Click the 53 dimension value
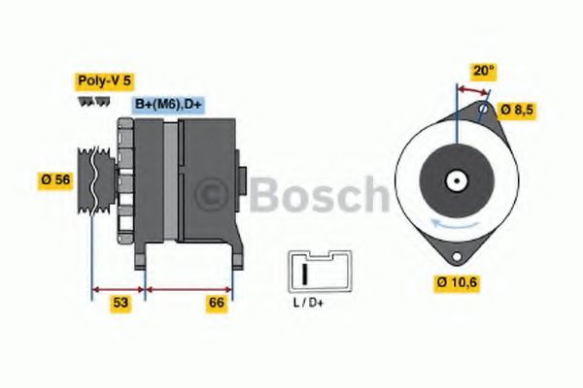[120, 304]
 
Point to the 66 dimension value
[217, 304]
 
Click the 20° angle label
[483, 70]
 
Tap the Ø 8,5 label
[517, 110]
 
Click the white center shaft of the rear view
[455, 179]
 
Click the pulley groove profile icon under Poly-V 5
[90, 103]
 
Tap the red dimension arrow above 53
[118, 288]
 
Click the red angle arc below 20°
[473, 89]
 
